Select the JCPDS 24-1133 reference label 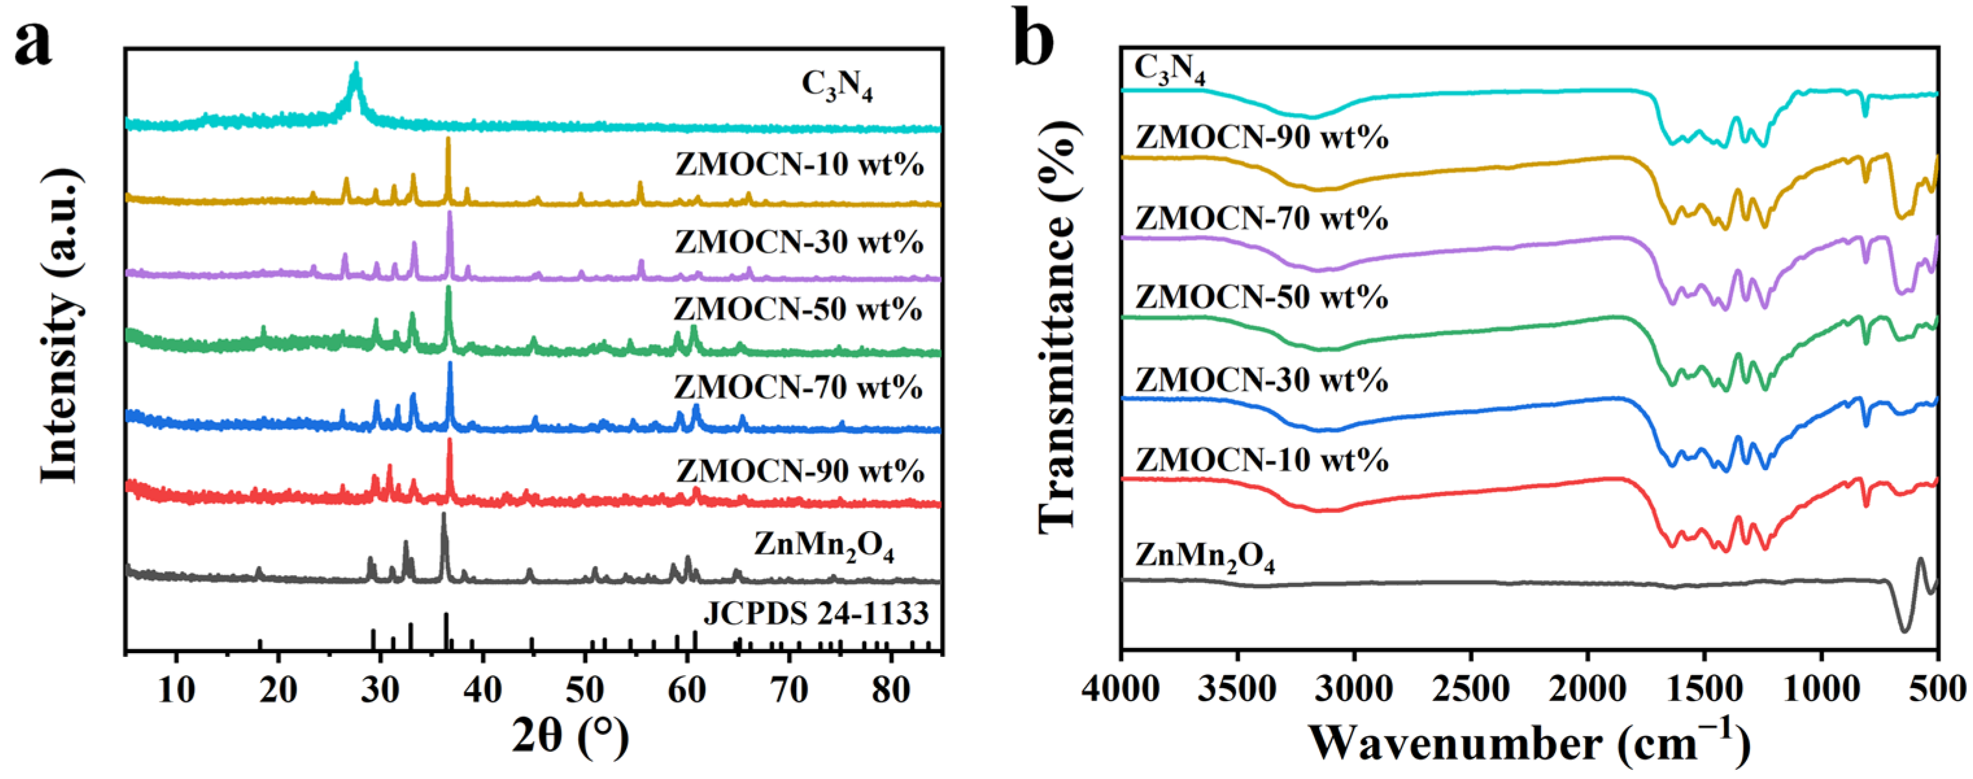[816, 613]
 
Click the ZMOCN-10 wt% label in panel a [799, 165]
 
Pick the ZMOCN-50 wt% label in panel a [797, 310]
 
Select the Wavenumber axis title [1528, 741]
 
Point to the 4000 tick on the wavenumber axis [1120, 689]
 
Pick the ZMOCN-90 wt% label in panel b [1261, 138]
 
